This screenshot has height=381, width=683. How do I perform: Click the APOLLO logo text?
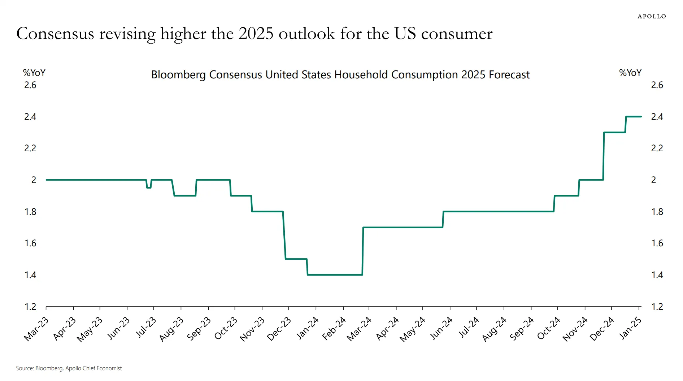click(x=651, y=16)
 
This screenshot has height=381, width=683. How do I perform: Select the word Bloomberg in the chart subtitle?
click(x=178, y=75)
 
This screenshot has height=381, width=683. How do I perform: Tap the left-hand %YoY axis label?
click(x=34, y=73)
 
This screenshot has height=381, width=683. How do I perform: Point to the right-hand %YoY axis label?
click(x=630, y=73)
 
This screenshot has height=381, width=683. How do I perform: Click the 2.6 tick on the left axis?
click(x=30, y=85)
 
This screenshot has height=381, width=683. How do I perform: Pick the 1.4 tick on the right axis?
click(x=657, y=275)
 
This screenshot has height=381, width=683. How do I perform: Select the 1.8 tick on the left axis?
click(x=30, y=212)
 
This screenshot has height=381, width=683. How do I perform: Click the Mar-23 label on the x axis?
click(x=36, y=329)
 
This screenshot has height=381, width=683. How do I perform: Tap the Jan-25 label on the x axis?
click(x=631, y=328)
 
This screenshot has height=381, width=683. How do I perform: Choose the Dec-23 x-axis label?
click(x=279, y=329)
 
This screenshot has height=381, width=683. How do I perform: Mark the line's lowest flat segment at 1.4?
click(x=335, y=275)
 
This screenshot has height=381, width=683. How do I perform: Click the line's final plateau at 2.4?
click(x=634, y=117)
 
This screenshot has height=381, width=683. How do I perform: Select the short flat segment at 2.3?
click(x=614, y=133)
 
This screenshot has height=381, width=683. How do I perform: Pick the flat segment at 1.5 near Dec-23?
click(x=296, y=259)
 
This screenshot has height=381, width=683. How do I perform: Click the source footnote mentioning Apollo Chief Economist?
click(x=69, y=368)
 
